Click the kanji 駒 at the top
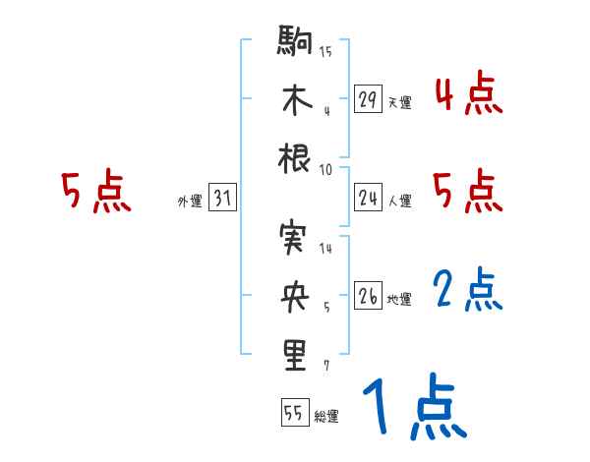[x=295, y=44]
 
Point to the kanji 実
[x=295, y=238]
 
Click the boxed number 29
[x=368, y=99]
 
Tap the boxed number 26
[x=368, y=296]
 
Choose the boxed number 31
[x=222, y=199]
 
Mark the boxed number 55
[x=294, y=413]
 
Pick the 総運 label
[x=326, y=417]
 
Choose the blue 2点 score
[x=467, y=289]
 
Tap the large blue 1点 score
[x=414, y=405]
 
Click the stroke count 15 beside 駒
[x=325, y=52]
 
